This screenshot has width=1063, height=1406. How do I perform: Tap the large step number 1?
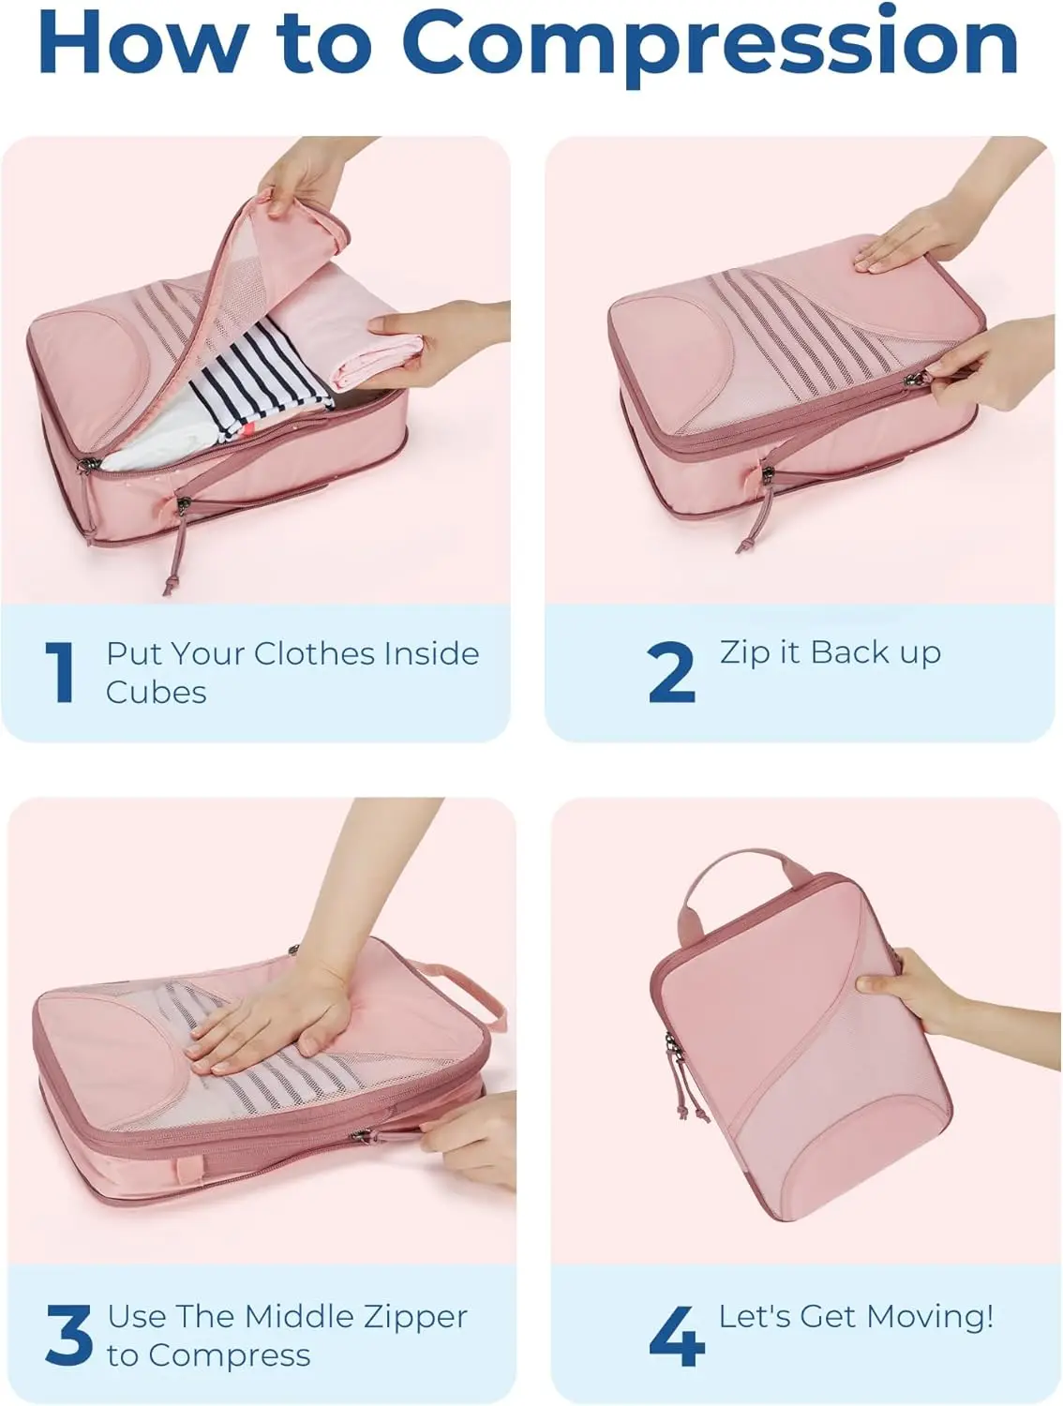[x=61, y=672]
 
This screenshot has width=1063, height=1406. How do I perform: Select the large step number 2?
[x=671, y=672]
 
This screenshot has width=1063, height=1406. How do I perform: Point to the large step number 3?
[x=68, y=1335]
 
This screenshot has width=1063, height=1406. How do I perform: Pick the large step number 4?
[x=677, y=1336]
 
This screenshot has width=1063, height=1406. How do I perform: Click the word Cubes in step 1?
[x=156, y=693]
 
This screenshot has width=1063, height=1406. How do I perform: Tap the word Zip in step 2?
[x=745, y=653]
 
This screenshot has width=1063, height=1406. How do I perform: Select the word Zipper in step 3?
[x=415, y=1317]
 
